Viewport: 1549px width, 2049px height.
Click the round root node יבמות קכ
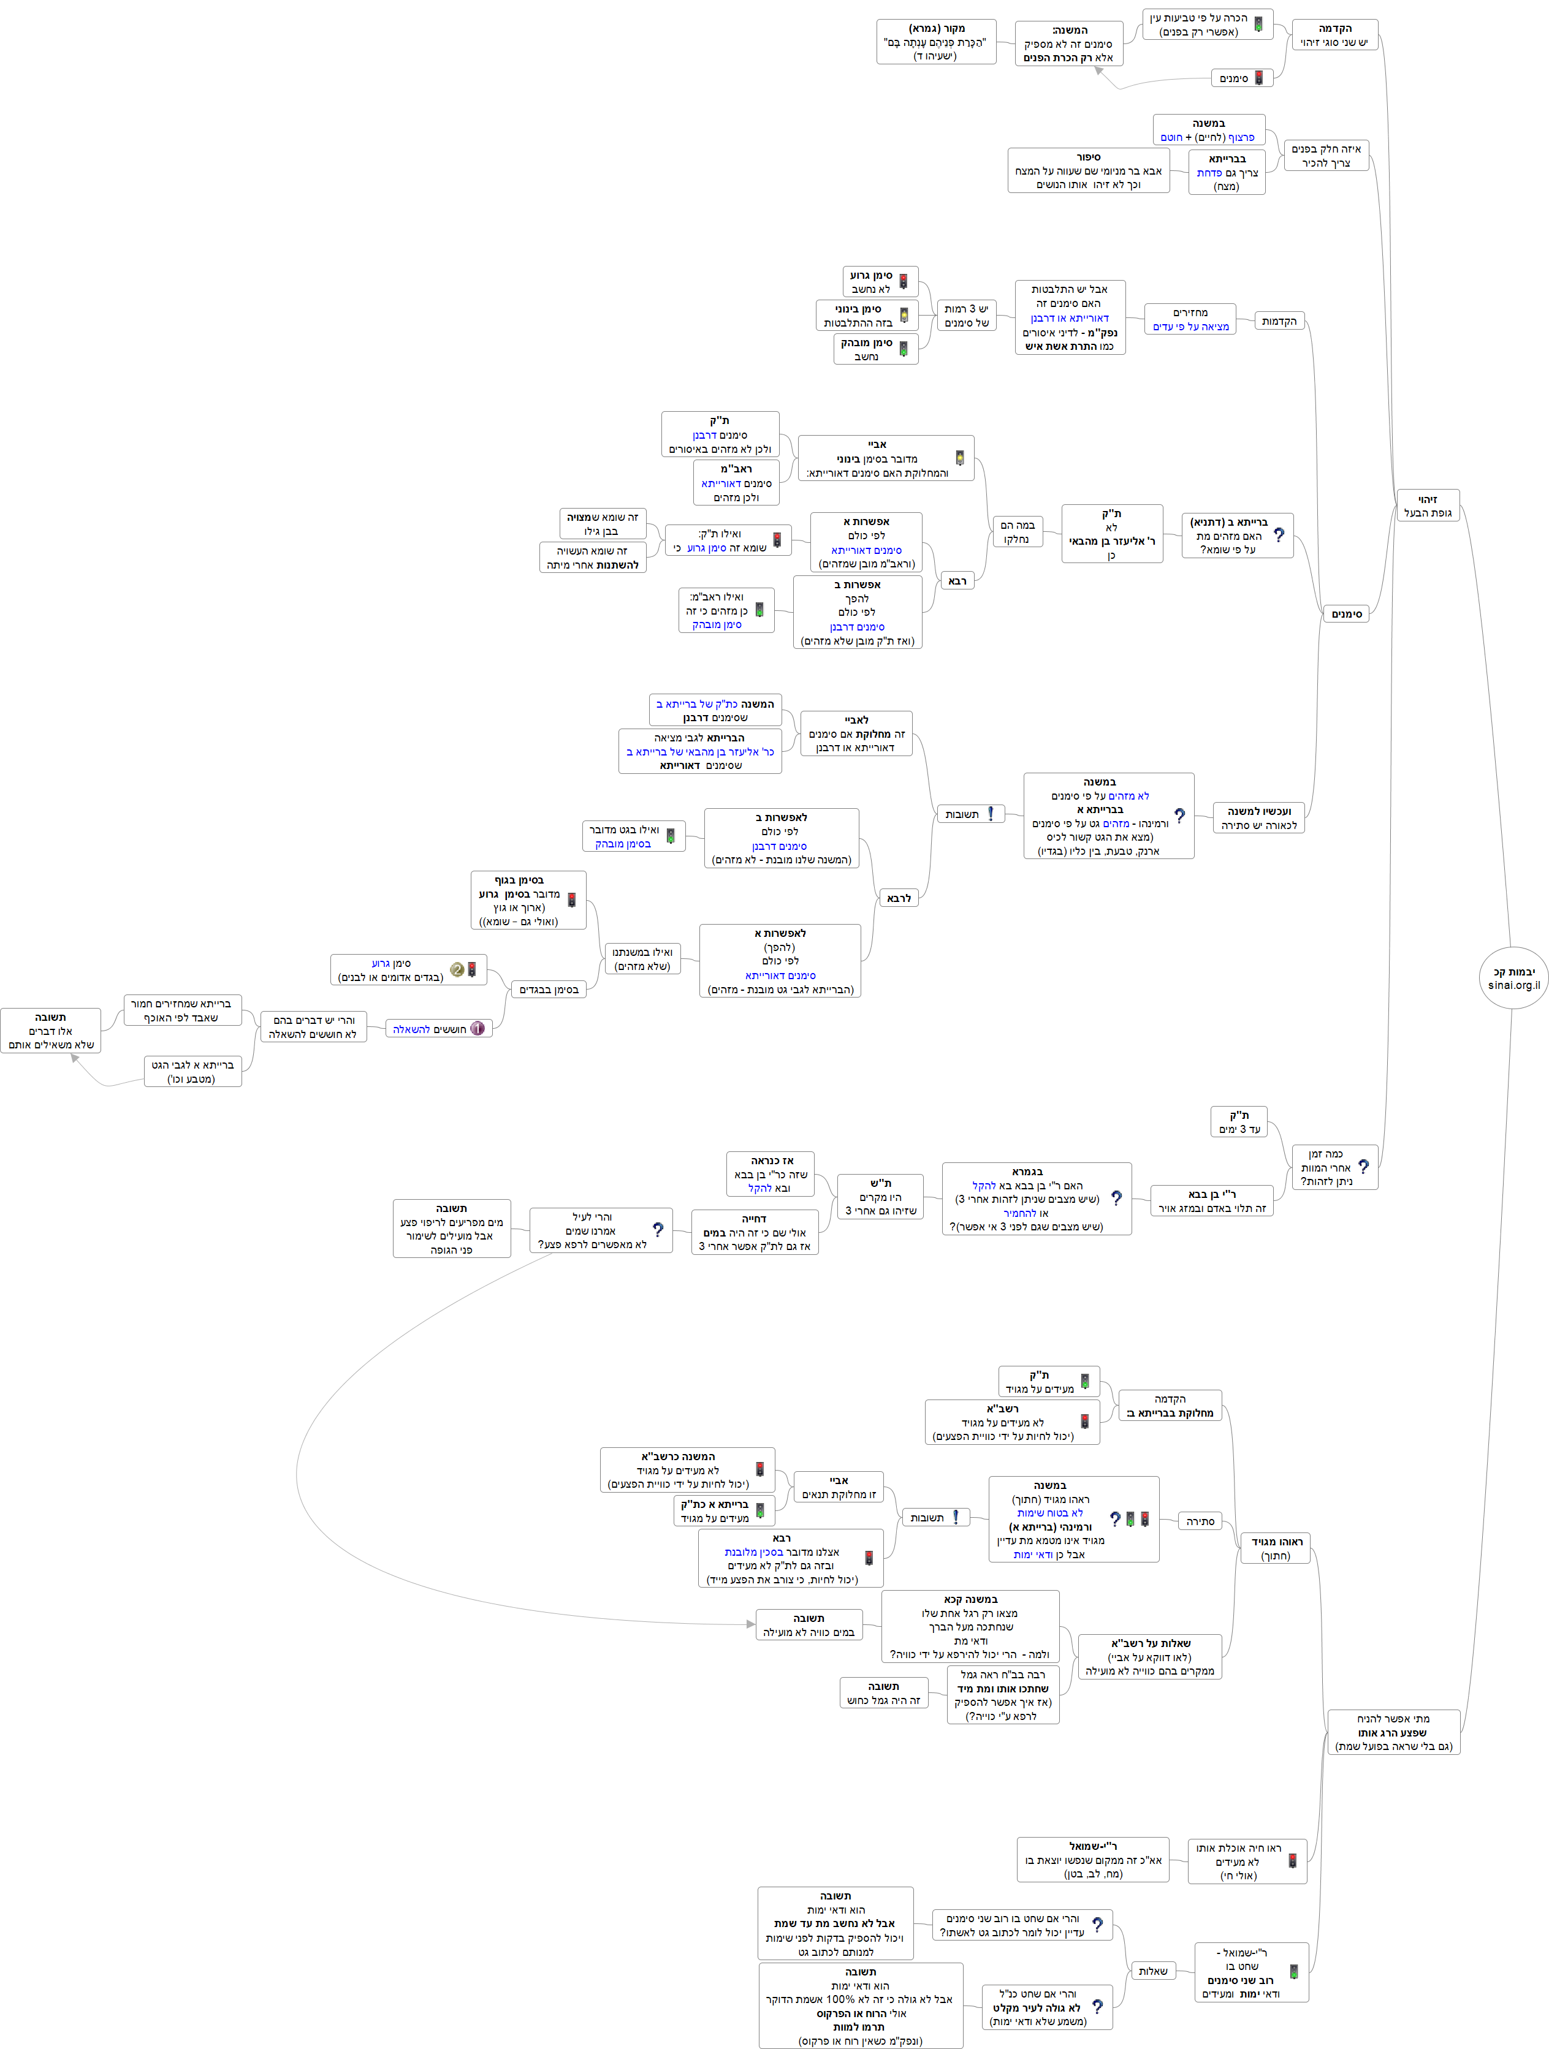tap(1513, 978)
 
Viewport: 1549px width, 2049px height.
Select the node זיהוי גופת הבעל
tap(1427, 506)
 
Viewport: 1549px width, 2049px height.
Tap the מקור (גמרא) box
tap(935, 42)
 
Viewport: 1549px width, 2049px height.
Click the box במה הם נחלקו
tap(1016, 532)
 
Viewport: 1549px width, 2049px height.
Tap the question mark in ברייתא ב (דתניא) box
tap(1279, 536)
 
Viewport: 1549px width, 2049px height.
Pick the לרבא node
tap(899, 898)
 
